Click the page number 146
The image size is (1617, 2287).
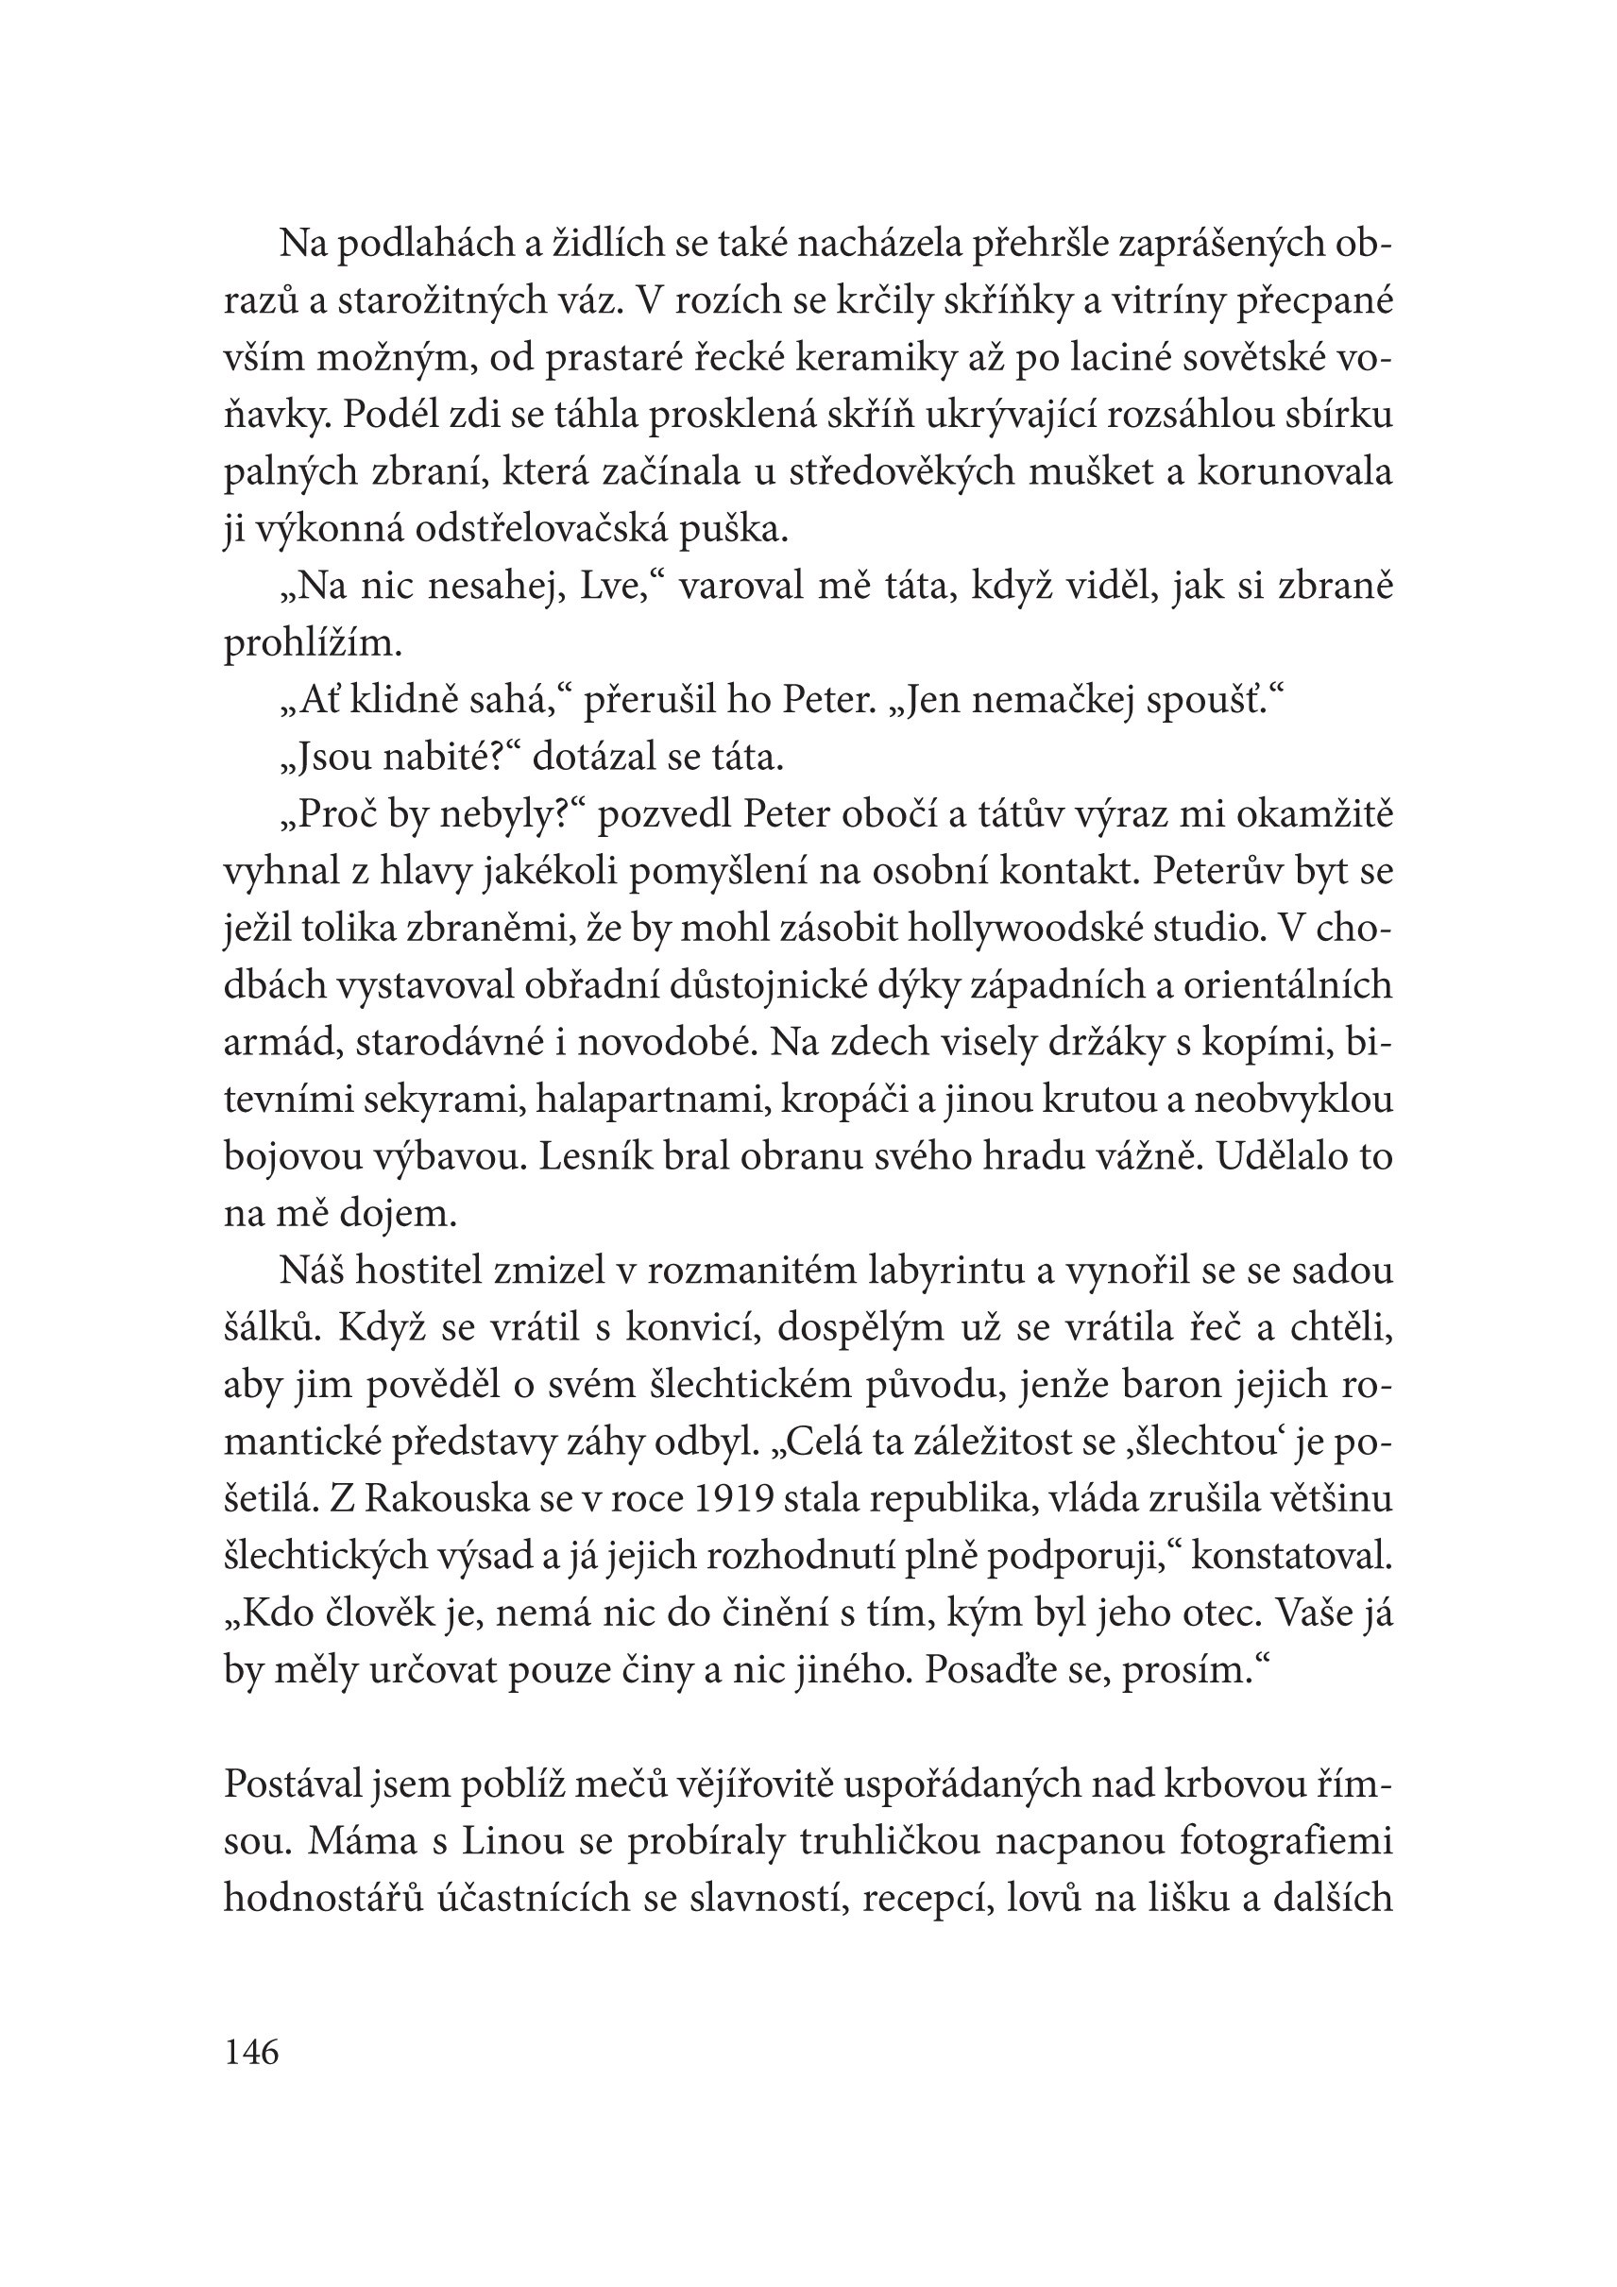point(251,2053)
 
